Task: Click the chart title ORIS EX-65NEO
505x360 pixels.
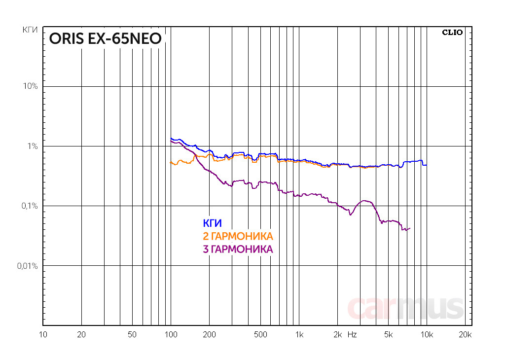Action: point(105,39)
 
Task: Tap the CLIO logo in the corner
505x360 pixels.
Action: point(452,33)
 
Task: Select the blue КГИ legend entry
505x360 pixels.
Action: point(212,223)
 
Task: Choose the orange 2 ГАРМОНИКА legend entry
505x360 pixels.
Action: point(238,236)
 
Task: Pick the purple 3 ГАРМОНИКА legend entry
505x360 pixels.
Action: point(238,249)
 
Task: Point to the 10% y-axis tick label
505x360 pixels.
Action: point(30,86)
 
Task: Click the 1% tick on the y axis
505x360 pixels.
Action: point(32,146)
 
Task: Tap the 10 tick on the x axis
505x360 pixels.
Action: point(43,335)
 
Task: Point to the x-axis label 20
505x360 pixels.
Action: point(82,335)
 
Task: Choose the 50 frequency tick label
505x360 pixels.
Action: point(132,335)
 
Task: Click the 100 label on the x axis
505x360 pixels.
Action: point(171,335)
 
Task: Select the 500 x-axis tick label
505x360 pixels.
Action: point(260,335)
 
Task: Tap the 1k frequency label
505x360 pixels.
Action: point(298,335)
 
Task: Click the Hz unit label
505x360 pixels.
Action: point(352,335)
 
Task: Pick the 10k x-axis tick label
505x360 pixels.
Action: point(426,335)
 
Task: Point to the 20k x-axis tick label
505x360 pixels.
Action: point(465,335)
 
